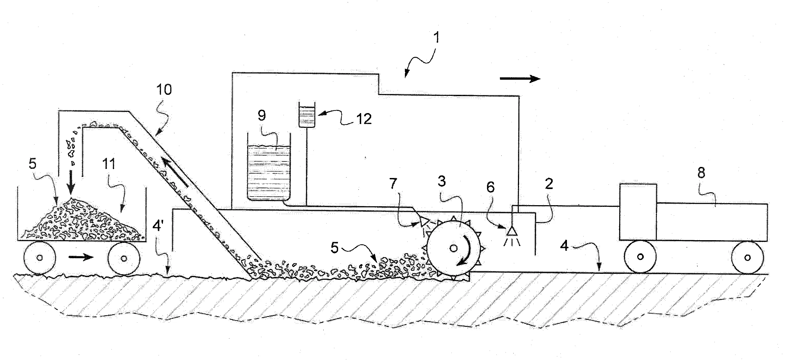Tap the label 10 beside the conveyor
[164, 90]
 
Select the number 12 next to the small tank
[364, 119]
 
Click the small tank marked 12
[307, 115]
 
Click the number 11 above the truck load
[109, 164]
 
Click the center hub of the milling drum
[453, 249]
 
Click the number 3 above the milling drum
[441, 181]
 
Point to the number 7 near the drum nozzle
[393, 184]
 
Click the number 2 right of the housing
[549, 184]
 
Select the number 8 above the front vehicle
[701, 173]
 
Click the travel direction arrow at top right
[520, 79]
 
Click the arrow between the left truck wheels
[81, 258]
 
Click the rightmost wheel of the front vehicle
[747, 258]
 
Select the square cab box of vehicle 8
[638, 212]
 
